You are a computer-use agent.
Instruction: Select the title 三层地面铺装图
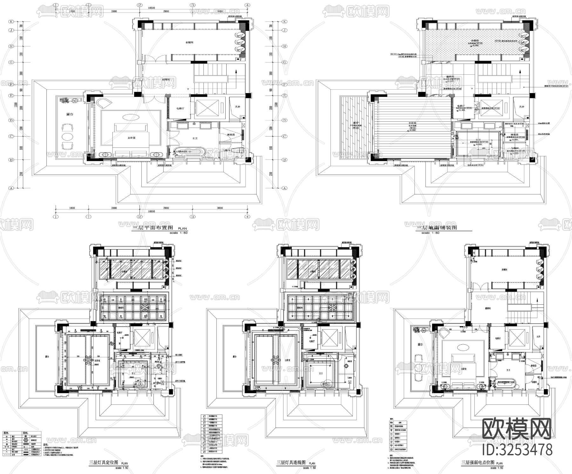(436, 228)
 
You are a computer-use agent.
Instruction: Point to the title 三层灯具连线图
(291, 463)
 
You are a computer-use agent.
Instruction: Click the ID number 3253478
(517, 450)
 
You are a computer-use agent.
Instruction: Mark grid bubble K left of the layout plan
(11, 22)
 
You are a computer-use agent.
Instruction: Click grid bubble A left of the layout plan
(11, 188)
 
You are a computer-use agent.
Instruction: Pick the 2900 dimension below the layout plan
(166, 208)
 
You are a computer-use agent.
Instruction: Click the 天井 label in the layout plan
(237, 107)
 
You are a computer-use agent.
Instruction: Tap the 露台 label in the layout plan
(70, 114)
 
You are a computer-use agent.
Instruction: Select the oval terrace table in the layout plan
(68, 137)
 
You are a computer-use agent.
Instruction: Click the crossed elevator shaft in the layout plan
(207, 108)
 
